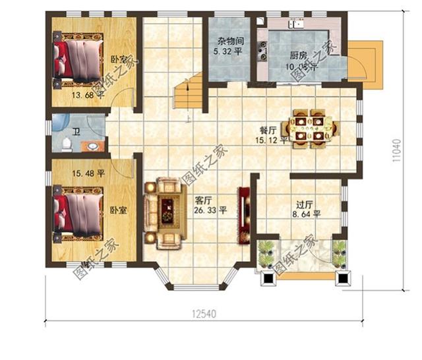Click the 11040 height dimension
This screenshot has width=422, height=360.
click(397, 152)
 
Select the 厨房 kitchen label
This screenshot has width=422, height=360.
click(299, 55)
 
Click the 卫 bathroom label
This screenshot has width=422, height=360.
click(76, 133)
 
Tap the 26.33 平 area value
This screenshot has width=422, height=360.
click(210, 211)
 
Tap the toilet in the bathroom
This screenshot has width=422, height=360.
click(66, 143)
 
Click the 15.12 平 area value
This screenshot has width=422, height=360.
click(274, 140)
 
